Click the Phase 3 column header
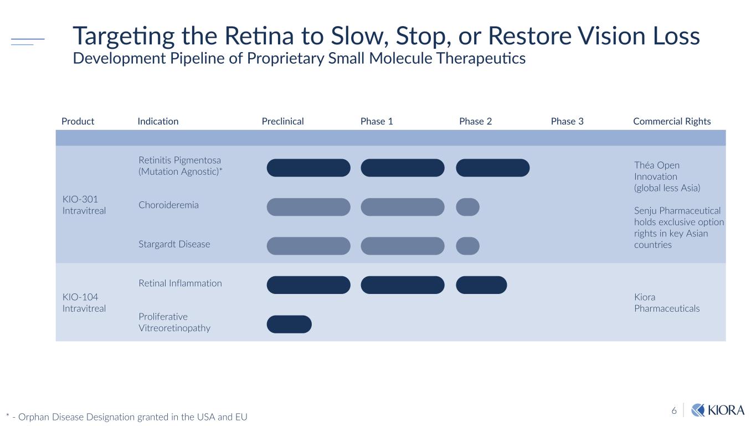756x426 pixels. (x=567, y=121)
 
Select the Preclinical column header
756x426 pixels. (x=282, y=121)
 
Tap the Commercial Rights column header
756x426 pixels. (x=671, y=121)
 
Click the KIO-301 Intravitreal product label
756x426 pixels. (x=84, y=205)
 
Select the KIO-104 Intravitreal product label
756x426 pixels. (x=84, y=302)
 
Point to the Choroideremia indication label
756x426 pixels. (x=168, y=205)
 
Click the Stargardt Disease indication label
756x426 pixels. (x=174, y=244)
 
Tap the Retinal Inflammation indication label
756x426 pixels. (x=180, y=283)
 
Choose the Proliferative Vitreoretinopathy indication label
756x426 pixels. (x=174, y=322)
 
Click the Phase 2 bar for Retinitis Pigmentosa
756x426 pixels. (x=492, y=168)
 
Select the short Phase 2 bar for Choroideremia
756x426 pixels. (x=467, y=207)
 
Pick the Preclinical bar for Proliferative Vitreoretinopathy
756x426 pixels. (x=289, y=324)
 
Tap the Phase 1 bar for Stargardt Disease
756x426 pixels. (x=402, y=246)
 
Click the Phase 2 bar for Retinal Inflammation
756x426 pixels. (x=481, y=285)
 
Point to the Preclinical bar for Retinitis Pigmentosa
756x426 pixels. (x=308, y=168)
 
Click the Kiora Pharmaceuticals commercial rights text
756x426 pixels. (x=667, y=302)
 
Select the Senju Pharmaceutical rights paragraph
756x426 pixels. (x=678, y=227)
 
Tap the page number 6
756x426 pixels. (x=674, y=410)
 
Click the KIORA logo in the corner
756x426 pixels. (x=718, y=410)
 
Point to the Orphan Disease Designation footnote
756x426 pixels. (x=127, y=417)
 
